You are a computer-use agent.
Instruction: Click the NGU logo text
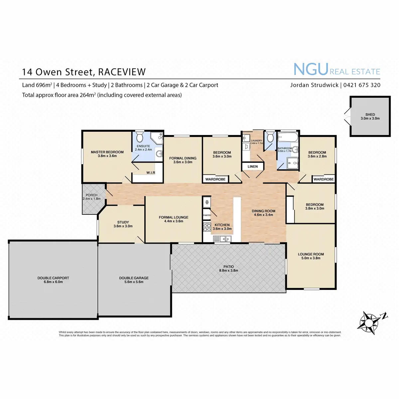[x=311, y=69]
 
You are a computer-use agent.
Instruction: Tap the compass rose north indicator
[x=384, y=316]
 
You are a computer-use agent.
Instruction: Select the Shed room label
[x=370, y=114]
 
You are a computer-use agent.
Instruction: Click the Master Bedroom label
[x=107, y=152]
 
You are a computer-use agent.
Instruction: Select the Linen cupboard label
[x=253, y=167]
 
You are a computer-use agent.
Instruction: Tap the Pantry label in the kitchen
[x=207, y=215]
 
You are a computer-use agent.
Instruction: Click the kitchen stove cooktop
[x=207, y=227]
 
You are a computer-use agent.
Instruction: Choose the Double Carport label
[x=53, y=278]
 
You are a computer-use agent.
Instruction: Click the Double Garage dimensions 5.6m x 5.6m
[x=134, y=282]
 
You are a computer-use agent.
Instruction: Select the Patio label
[x=229, y=267]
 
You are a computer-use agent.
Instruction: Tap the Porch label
[x=91, y=195]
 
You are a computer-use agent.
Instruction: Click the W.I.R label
[x=151, y=173]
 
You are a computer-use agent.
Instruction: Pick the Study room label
[x=123, y=222]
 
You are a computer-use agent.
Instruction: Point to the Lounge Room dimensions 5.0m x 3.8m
[x=311, y=258]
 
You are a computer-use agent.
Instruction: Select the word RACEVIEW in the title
[x=122, y=72]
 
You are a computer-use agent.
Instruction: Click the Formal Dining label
[x=183, y=158]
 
